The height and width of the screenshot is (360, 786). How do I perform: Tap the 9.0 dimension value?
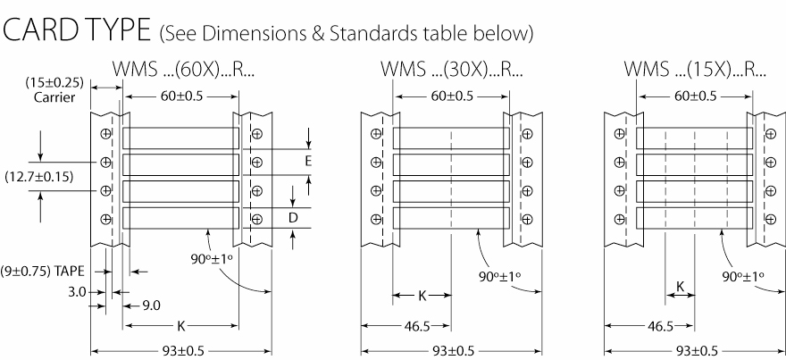(x=153, y=306)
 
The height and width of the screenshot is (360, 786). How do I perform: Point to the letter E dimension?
(x=309, y=162)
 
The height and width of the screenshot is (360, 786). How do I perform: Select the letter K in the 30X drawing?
(x=423, y=294)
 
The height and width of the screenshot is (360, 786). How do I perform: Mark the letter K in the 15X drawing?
(x=680, y=287)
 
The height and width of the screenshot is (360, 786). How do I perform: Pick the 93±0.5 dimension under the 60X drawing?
(x=181, y=351)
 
